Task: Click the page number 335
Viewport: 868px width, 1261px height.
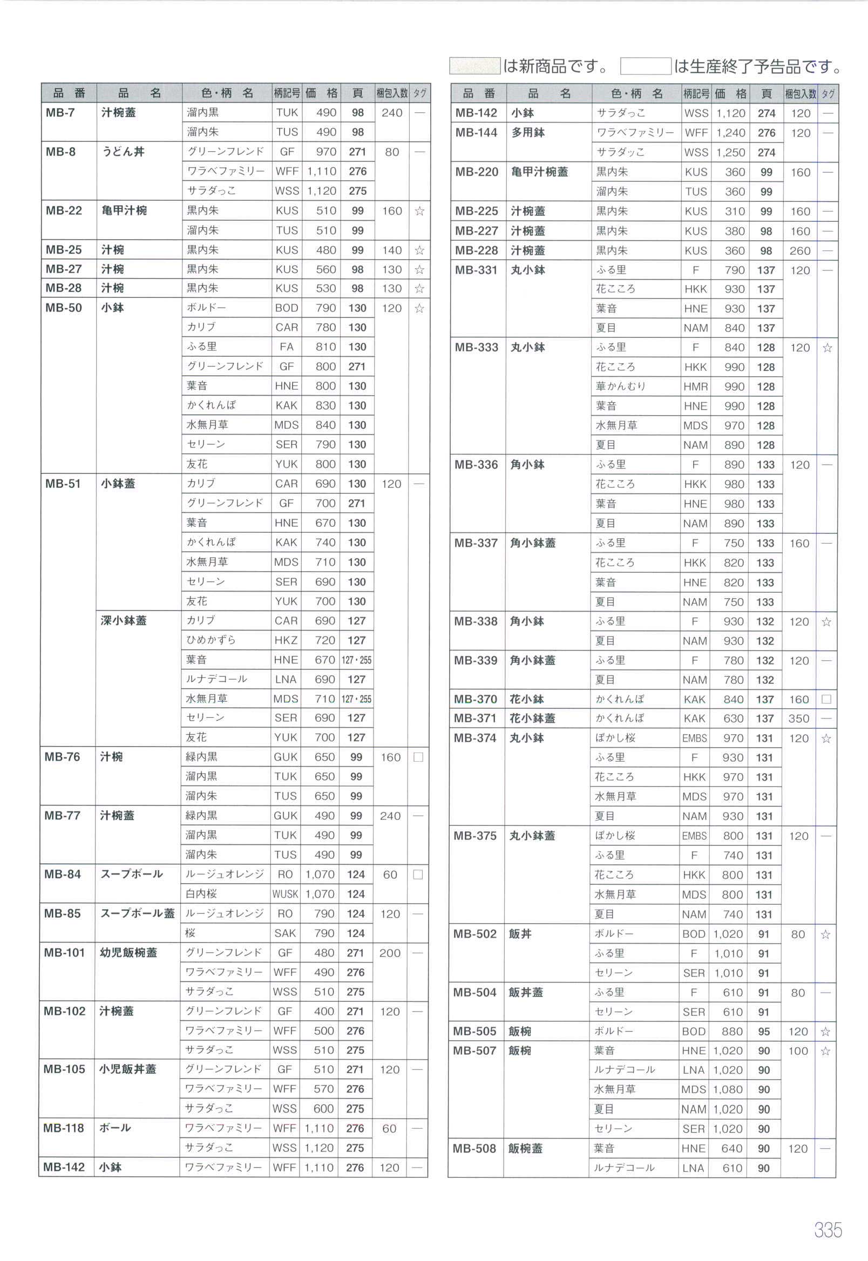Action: pyautogui.click(x=827, y=1230)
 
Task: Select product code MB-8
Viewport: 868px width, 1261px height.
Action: pyautogui.click(x=60, y=152)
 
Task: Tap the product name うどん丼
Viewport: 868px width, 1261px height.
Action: pyautogui.click(x=124, y=152)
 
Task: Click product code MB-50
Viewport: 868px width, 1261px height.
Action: pyautogui.click(x=64, y=308)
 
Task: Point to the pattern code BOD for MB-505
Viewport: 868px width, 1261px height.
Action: pyautogui.click(x=694, y=1032)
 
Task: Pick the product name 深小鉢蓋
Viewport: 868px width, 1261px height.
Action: pyautogui.click(x=124, y=620)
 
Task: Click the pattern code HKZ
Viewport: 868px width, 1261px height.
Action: pyautogui.click(x=286, y=640)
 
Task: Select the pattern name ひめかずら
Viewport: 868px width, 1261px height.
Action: pyautogui.click(x=211, y=640)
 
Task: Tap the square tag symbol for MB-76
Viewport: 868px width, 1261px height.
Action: pyautogui.click(x=418, y=757)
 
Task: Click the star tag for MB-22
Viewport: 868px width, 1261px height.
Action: pyautogui.click(x=419, y=211)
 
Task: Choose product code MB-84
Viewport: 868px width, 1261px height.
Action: pyautogui.click(x=63, y=874)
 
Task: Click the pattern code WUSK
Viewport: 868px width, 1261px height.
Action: pyautogui.click(x=286, y=894)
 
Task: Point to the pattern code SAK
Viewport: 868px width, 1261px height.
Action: pyautogui.click(x=285, y=933)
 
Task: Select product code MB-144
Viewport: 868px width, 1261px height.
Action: pyautogui.click(x=476, y=133)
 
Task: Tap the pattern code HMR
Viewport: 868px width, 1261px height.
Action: pyautogui.click(x=696, y=387)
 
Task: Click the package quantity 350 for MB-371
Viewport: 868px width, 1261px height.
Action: pyautogui.click(x=799, y=718)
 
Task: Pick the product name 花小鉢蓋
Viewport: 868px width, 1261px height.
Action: pyautogui.click(x=532, y=718)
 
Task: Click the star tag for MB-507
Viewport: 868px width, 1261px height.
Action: pyautogui.click(x=825, y=1051)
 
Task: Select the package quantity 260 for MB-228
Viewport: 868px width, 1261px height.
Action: pyautogui.click(x=800, y=250)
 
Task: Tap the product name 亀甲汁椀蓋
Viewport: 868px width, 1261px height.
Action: pyautogui.click(x=539, y=172)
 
